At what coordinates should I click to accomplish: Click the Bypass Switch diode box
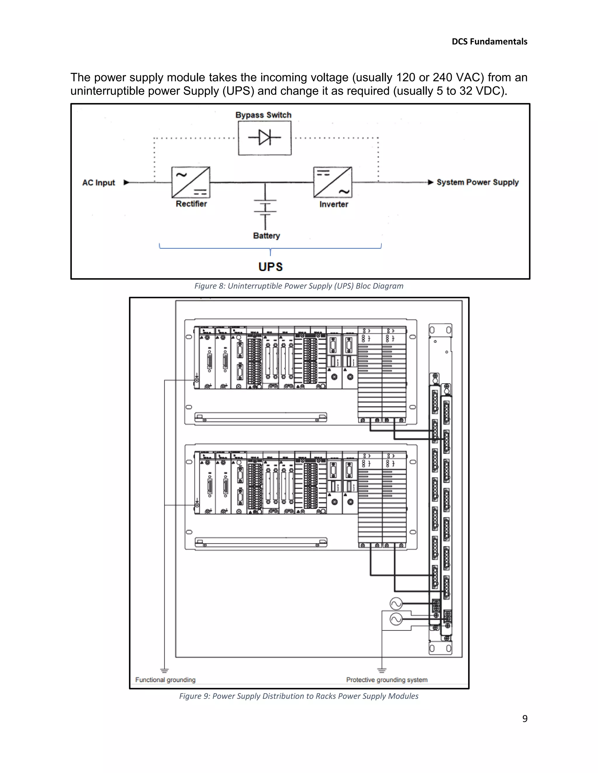265,138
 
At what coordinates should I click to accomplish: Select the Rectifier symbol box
191,182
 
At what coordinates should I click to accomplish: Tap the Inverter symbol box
333,182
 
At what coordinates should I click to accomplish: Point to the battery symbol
265,207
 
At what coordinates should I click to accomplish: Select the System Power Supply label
477,182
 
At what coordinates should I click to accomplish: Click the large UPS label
271,267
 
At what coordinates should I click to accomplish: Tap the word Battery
266,236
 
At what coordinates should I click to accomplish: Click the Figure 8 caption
299,286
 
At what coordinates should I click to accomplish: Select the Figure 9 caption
299,696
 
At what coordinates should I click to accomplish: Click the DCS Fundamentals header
489,42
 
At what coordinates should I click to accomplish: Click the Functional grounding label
165,680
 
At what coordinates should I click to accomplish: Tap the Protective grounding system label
387,680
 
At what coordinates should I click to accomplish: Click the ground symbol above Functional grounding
164,670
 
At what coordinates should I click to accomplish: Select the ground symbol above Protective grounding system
382,670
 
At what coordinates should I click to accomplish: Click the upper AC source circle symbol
396,604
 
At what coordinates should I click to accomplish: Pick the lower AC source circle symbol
396,619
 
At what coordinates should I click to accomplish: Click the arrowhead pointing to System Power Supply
431,182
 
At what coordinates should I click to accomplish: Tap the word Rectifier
191,204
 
